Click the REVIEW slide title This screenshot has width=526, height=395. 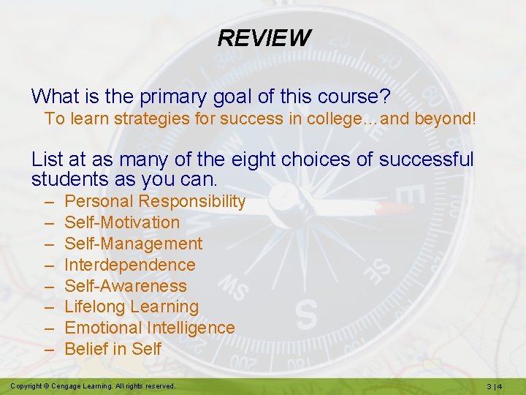(x=264, y=38)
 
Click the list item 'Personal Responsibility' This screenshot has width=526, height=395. (x=155, y=202)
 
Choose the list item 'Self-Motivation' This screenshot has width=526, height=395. (x=122, y=222)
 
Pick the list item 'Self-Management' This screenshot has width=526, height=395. (x=134, y=244)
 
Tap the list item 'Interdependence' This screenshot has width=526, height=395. (x=130, y=265)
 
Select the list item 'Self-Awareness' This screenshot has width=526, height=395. (x=126, y=286)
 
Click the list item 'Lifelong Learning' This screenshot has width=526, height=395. (x=131, y=307)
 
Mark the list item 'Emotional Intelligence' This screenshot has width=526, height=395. (x=150, y=328)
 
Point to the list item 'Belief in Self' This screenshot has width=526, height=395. (x=113, y=350)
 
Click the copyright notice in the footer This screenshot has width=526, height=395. (x=93, y=385)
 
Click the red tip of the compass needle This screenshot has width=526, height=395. (x=395, y=208)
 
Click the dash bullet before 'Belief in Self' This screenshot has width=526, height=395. (x=49, y=350)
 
